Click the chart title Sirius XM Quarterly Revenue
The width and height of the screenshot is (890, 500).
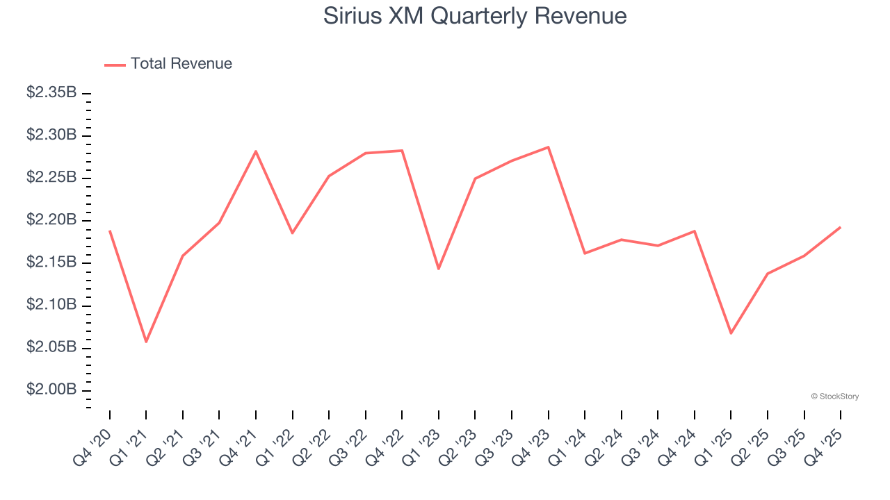pyautogui.click(x=475, y=16)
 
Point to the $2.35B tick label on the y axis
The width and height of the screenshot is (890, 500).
pyautogui.click(x=51, y=92)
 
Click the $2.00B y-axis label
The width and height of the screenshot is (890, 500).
pyautogui.click(x=51, y=390)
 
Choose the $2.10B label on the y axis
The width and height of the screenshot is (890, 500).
pyautogui.click(x=51, y=305)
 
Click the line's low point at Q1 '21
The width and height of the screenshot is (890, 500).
pyautogui.click(x=146, y=342)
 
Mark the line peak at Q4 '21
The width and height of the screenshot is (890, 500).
pyautogui.click(x=256, y=151)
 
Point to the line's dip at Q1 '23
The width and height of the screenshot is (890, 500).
pyautogui.click(x=439, y=269)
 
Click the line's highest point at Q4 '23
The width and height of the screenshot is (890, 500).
pyautogui.click(x=549, y=147)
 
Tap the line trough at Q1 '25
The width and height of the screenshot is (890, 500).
pyautogui.click(x=731, y=333)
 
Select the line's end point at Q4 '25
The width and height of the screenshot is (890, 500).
pyautogui.click(x=841, y=227)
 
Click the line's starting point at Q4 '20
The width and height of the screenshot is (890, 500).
pyautogui.click(x=110, y=231)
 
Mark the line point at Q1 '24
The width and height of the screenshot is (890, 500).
pyautogui.click(x=585, y=253)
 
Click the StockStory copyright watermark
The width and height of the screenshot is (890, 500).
pyautogui.click(x=834, y=397)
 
